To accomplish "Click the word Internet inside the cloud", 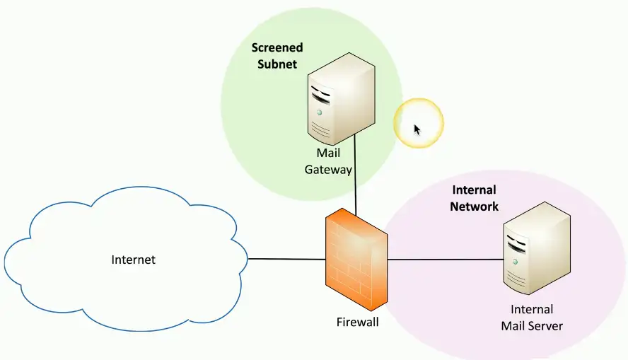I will pos(133,260).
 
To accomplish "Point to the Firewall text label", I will pos(357,323).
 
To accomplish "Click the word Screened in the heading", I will pos(277,48).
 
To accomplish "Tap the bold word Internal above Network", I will pos(474,190).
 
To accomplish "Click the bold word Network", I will pos(475,207).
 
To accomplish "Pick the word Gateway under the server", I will pos(328,170).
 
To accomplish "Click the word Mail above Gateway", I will pos(328,153).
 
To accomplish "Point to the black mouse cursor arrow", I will pos(417,129).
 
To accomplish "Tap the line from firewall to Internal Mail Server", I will pos(446,260).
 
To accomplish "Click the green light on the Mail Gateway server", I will pos(320,112).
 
